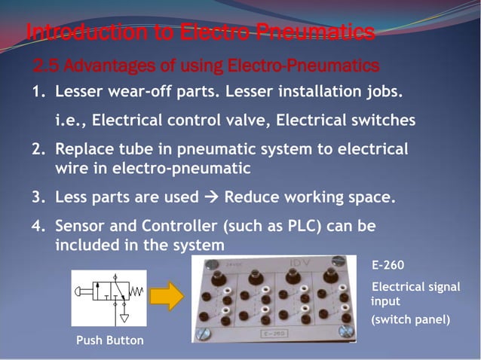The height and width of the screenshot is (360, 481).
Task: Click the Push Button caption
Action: pos(109,340)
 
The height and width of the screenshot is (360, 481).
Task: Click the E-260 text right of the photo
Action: pos(388,265)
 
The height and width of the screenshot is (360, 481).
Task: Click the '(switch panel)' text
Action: pos(412,319)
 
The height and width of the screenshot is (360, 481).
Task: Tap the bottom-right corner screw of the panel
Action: pos(345,331)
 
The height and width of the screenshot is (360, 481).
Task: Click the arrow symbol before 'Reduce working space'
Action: pos(211,198)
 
